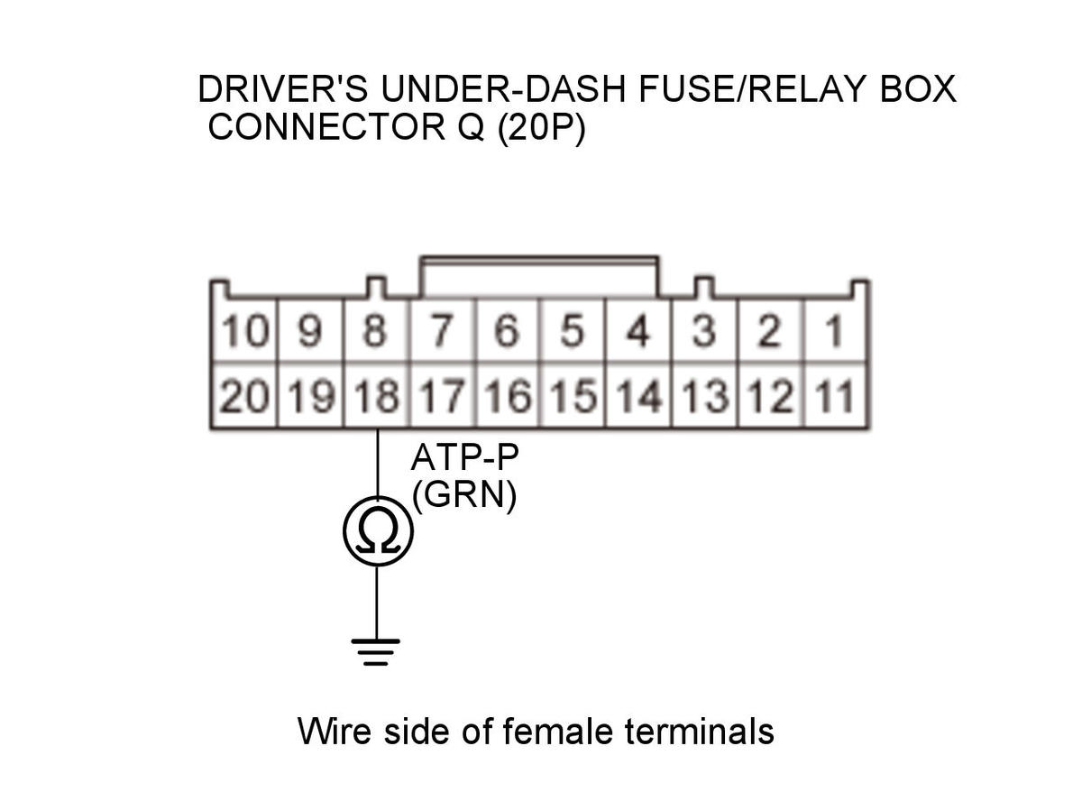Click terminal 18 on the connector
(377, 396)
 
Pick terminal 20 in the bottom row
(244, 396)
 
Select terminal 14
(639, 396)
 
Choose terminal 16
(508, 396)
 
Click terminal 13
(704, 396)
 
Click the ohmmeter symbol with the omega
(377, 532)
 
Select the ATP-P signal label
(464, 459)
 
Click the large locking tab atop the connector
(539, 276)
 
